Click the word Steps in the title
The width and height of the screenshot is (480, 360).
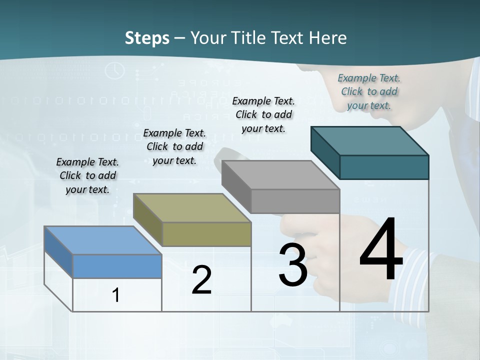(147, 38)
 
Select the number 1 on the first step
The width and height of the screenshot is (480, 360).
(116, 295)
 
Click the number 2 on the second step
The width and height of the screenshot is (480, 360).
(201, 280)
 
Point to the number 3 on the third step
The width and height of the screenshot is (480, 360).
(292, 265)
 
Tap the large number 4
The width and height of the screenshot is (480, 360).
(381, 250)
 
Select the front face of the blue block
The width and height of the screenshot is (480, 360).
(117, 266)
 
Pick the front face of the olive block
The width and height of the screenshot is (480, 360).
(206, 234)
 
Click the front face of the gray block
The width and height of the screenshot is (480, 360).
(295, 201)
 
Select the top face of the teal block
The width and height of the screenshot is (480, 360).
(370, 141)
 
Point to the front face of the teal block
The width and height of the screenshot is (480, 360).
(384, 167)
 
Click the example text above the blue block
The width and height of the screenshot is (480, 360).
(87, 175)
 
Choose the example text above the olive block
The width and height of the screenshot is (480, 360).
(174, 146)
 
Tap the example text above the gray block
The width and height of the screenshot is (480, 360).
(263, 114)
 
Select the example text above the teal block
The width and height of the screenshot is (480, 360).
(369, 91)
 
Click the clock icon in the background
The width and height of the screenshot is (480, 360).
(115, 70)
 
